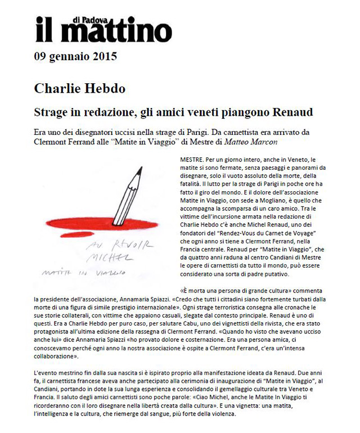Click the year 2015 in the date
click(105, 56)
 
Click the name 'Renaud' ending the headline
click(292, 111)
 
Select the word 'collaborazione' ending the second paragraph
click(60, 357)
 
